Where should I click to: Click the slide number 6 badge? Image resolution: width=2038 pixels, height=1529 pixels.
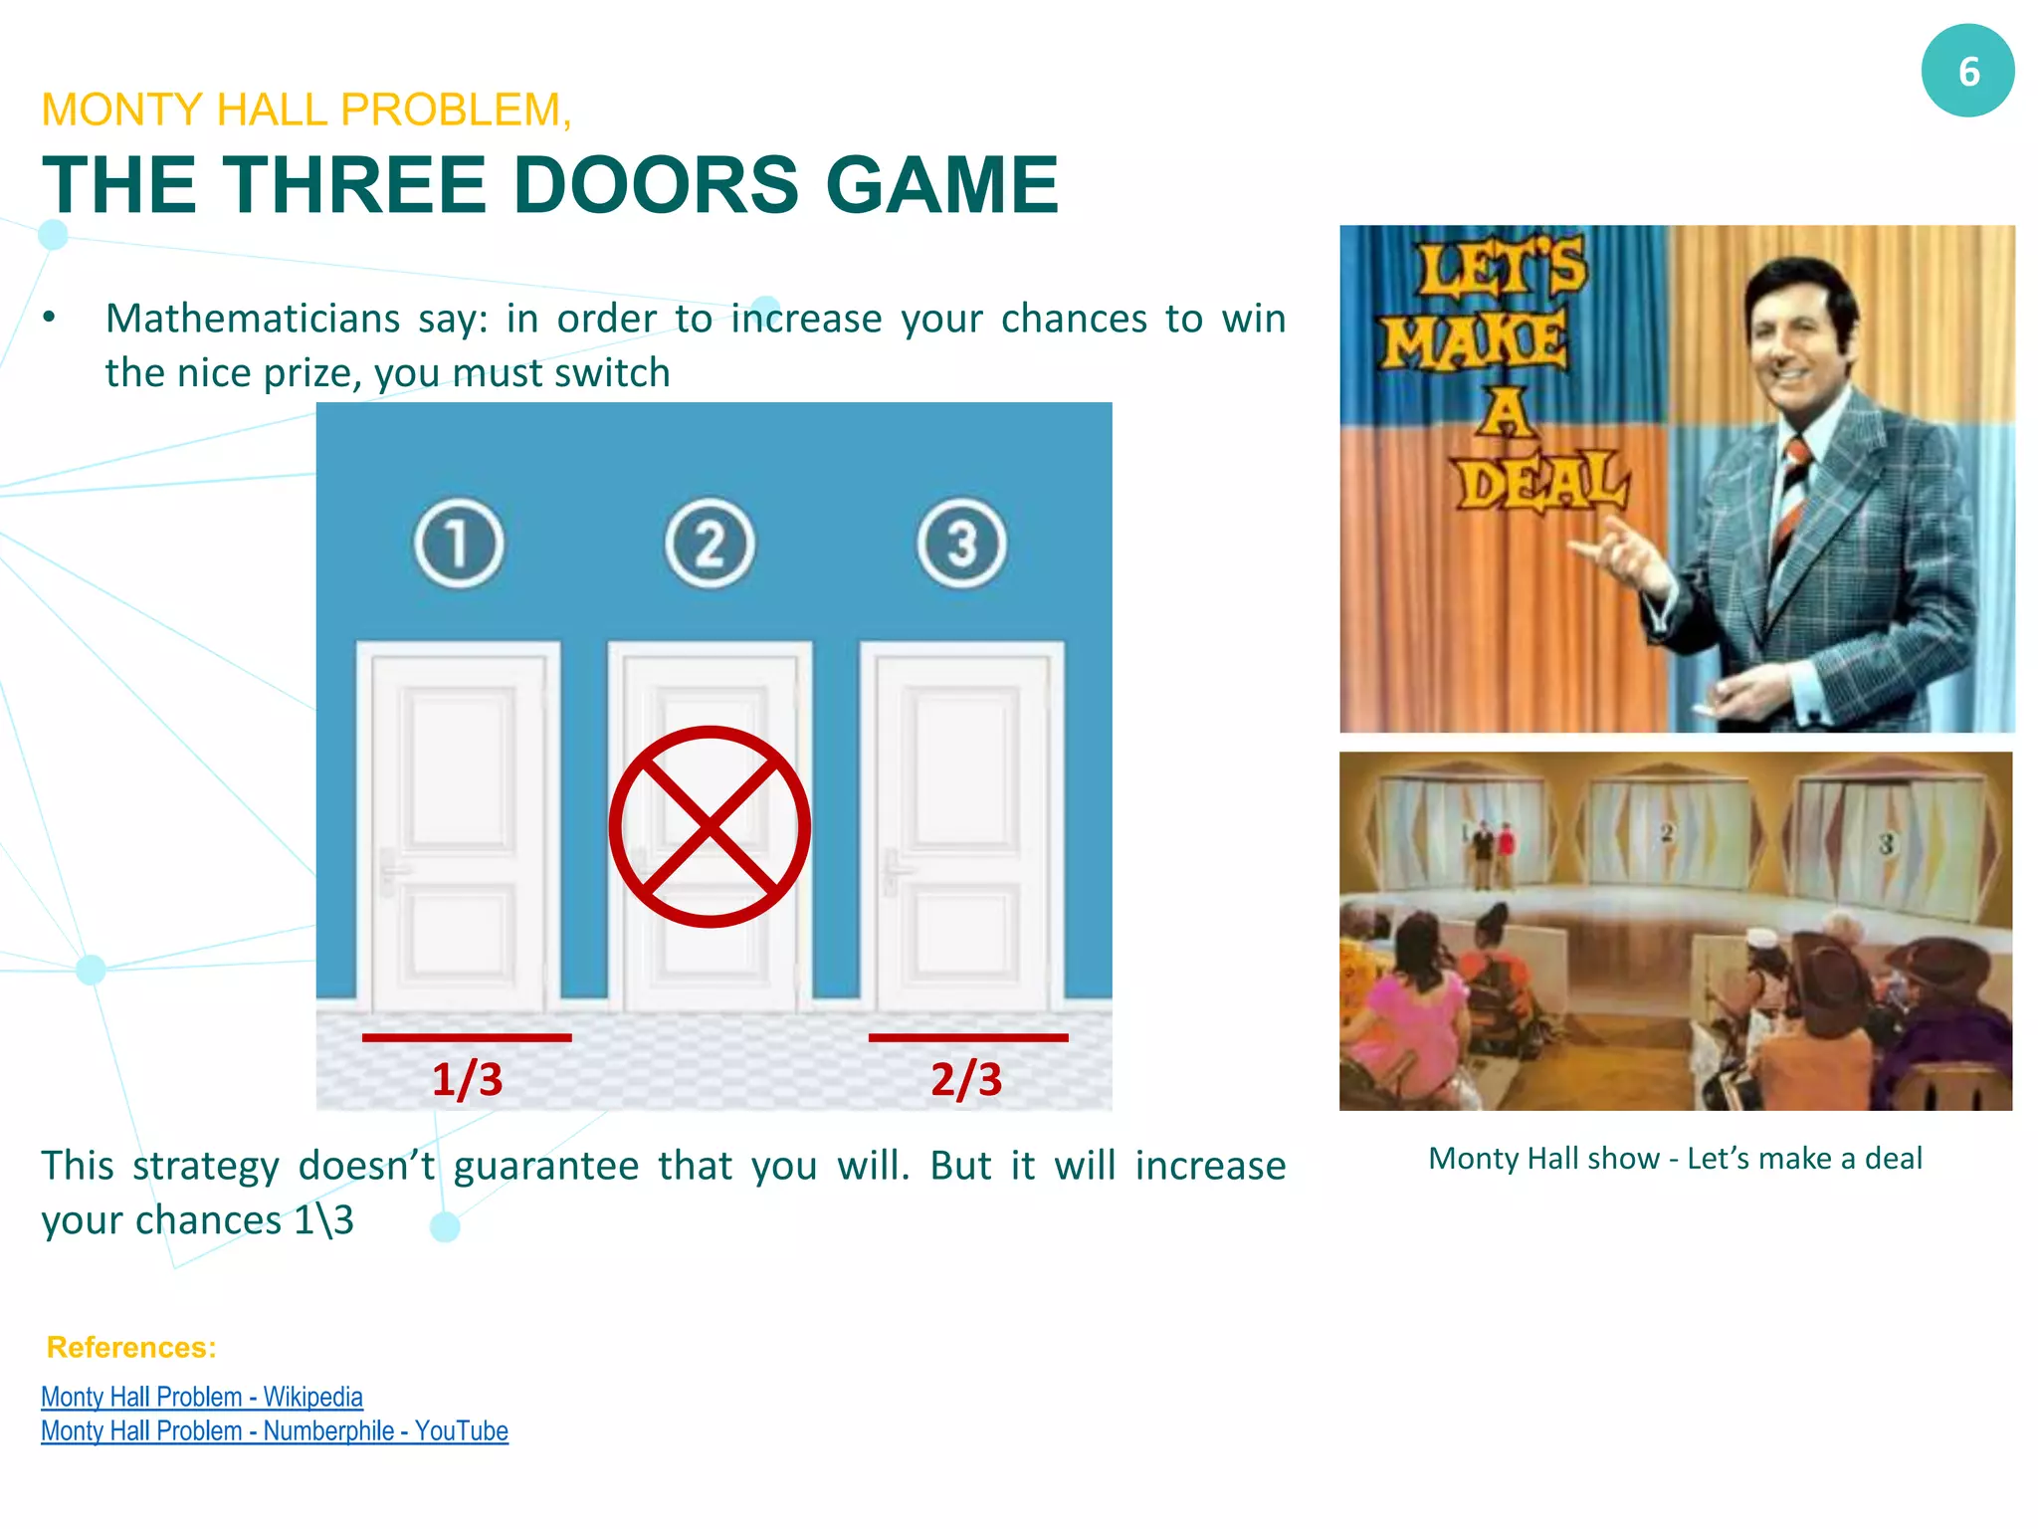coord(1967,72)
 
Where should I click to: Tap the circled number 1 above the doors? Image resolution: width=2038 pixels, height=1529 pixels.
coord(459,544)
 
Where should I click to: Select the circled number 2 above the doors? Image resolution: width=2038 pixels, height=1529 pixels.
coord(710,544)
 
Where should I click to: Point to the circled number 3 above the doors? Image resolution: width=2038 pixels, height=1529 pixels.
coord(961,544)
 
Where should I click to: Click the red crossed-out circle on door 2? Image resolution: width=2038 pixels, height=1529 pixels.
coord(710,826)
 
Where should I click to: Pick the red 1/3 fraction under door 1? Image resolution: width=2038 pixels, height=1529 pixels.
coord(467,1079)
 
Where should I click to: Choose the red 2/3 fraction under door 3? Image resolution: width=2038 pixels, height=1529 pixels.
coord(966,1079)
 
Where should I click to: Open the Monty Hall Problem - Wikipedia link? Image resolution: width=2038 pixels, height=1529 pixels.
coord(202,1397)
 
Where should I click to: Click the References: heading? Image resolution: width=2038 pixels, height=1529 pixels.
coord(131,1347)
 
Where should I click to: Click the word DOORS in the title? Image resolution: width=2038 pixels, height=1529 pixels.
coord(655,185)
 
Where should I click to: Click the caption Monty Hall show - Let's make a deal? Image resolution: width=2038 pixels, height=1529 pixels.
coord(1675,1158)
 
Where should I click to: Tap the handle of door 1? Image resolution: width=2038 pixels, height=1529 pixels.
coord(391,870)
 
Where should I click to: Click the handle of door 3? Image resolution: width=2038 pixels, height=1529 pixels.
coord(894,870)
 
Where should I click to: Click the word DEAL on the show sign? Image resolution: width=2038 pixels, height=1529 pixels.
coord(1541,483)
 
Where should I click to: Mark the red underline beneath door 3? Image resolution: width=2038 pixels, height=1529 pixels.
coord(968,1037)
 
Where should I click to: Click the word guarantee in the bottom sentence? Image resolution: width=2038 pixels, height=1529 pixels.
coord(545,1166)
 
